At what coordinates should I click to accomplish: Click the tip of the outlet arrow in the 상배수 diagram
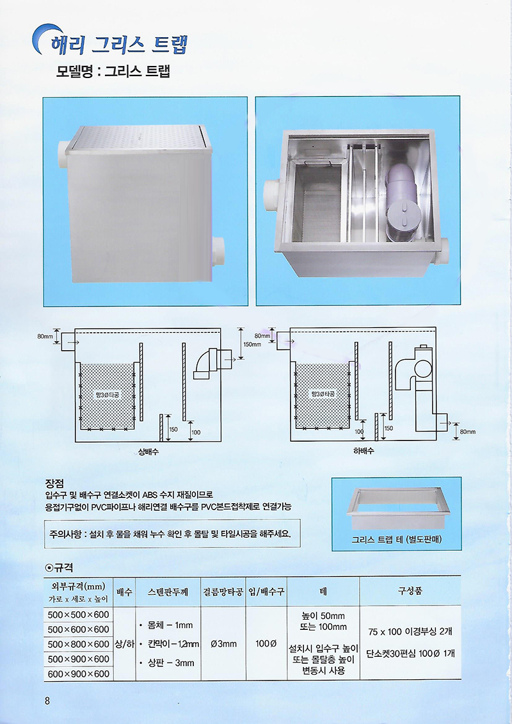click(243, 358)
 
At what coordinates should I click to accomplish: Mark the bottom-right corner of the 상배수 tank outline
click(221, 442)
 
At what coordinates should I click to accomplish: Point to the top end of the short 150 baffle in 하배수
click(376, 414)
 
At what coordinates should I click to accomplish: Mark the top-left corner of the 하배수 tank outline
click(291, 328)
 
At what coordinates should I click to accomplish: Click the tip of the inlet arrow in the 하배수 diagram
click(294, 342)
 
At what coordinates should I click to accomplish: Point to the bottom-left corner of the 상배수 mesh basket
click(81, 430)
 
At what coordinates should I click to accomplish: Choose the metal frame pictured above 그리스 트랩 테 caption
click(397, 508)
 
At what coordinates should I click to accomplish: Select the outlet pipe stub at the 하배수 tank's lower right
click(442, 422)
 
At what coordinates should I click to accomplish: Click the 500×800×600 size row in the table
click(79, 644)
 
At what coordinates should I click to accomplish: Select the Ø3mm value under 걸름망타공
click(223, 643)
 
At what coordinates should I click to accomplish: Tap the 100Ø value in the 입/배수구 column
click(266, 643)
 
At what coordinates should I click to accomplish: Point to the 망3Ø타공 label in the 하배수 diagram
click(323, 394)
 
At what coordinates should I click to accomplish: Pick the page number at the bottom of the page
click(47, 700)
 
